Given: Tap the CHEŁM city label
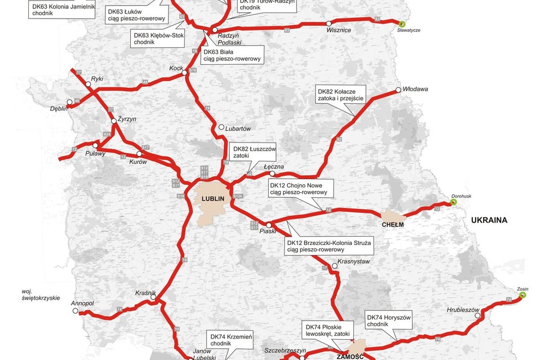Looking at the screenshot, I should tap(393, 224).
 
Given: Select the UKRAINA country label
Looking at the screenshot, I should tap(489, 220).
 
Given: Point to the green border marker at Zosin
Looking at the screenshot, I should tap(522, 295).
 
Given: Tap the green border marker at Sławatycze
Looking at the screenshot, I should tap(402, 24).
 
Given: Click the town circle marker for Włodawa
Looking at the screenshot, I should tap(398, 90).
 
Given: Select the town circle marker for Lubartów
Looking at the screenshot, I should tap(221, 127).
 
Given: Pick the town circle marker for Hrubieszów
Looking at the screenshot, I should tap(478, 315).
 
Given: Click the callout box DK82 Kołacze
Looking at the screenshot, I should tap(340, 95).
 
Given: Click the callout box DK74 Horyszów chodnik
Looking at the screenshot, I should tap(389, 320).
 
